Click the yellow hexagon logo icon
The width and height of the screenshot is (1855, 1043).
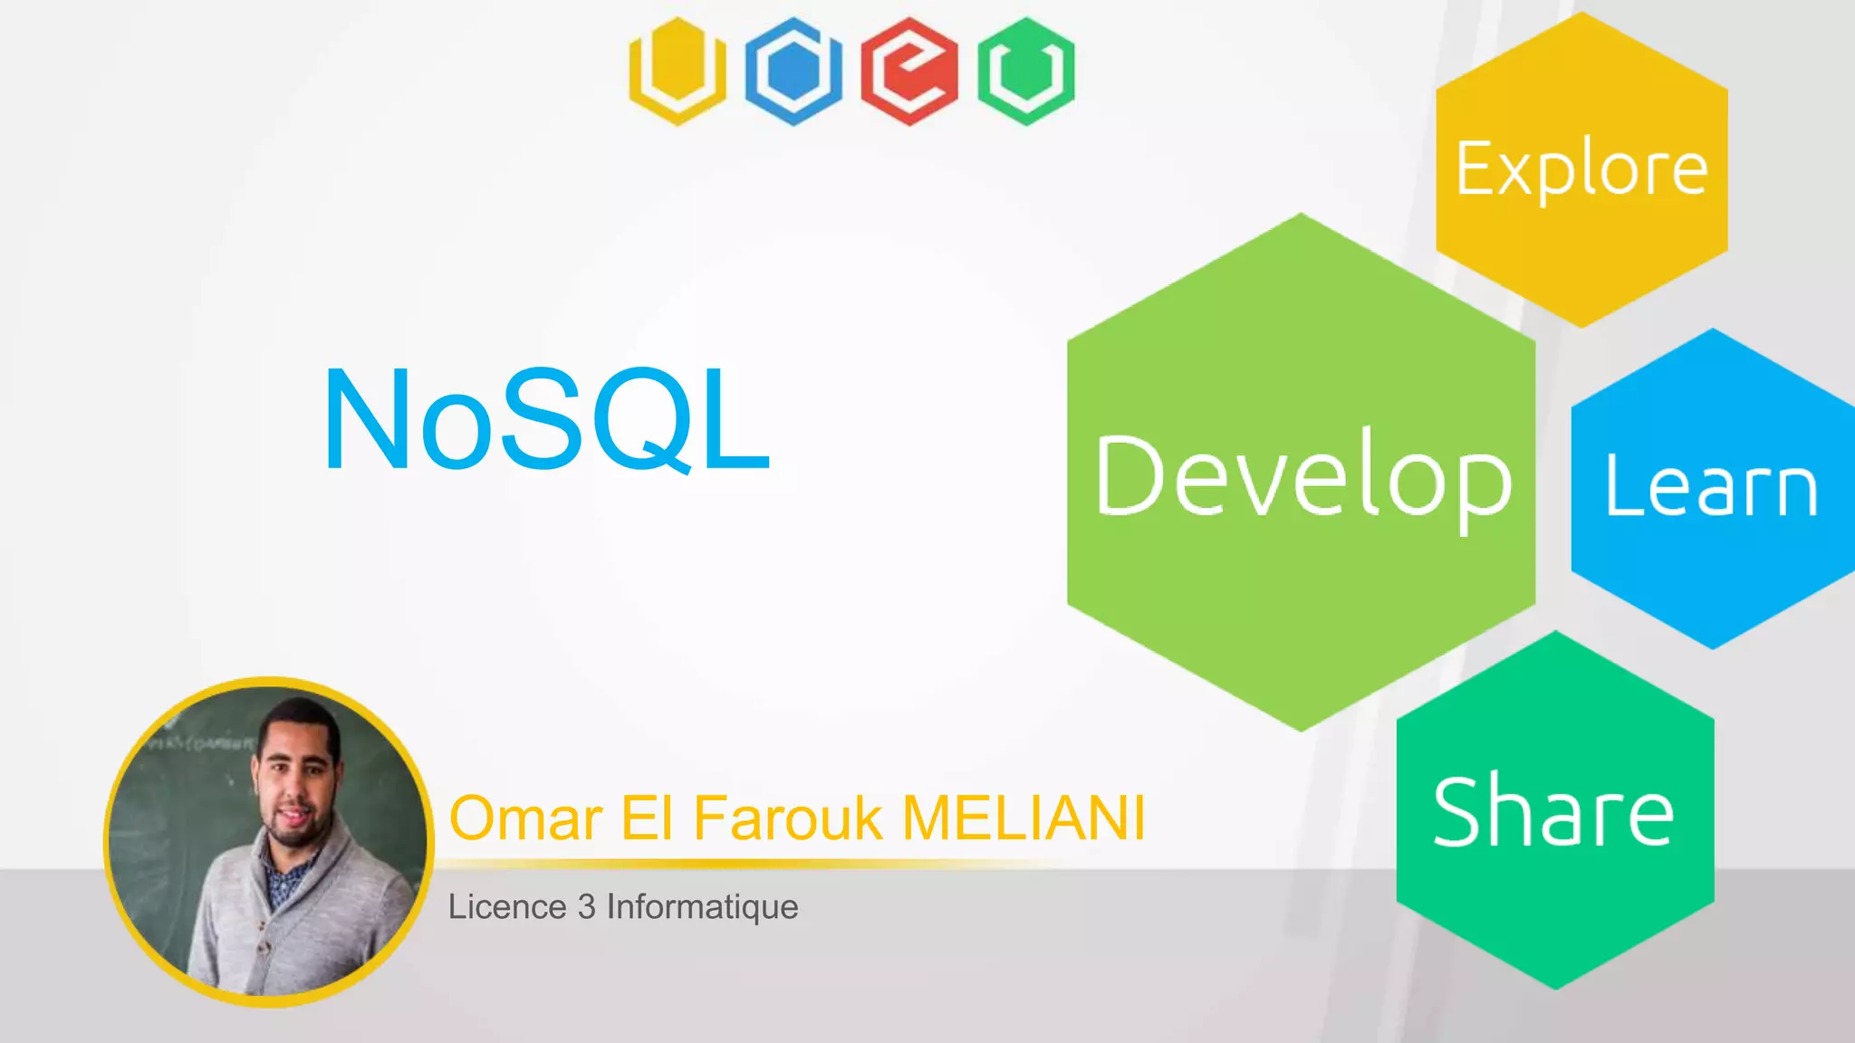(x=678, y=71)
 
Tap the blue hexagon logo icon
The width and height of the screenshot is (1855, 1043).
(x=793, y=71)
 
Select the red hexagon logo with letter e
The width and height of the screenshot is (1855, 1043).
(x=909, y=71)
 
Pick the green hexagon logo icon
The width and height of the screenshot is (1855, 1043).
(x=1025, y=71)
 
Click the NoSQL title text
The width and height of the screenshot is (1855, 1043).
(x=546, y=419)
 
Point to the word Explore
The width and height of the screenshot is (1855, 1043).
(x=1581, y=169)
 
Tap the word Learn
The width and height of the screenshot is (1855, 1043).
(x=1711, y=488)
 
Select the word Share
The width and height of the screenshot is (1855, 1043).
(x=1553, y=813)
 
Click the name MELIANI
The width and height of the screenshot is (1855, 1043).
(x=1024, y=818)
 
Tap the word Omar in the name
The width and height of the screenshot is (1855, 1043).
(x=525, y=818)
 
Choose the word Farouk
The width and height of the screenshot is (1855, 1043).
(x=787, y=818)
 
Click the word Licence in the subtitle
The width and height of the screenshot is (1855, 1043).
(x=507, y=906)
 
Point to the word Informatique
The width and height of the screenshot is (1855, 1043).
(x=702, y=907)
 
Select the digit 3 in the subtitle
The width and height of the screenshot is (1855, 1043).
(x=586, y=906)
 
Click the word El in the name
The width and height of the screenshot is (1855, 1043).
(x=646, y=818)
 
